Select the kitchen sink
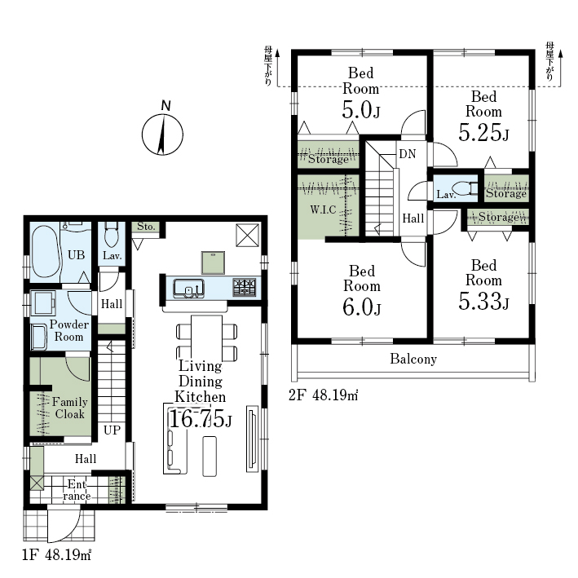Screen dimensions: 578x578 189,289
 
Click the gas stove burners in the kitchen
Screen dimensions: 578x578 244,288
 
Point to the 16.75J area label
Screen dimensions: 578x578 201,419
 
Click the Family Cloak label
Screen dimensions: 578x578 69,408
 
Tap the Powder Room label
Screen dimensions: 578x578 69,331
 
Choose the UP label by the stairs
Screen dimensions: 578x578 112,430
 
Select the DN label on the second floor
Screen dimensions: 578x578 408,154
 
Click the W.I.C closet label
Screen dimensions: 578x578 323,210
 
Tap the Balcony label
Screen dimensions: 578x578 413,359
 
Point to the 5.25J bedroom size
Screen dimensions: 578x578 483,133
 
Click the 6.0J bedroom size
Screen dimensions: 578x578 362,307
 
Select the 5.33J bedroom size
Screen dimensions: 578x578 483,301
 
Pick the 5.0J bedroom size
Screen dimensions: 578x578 361,109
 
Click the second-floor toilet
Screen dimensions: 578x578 466,188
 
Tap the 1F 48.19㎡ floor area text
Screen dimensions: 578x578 56,554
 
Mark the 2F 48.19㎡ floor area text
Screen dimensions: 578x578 324,395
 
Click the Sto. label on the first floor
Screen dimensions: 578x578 146,227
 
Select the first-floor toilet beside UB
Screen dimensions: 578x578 111,234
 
